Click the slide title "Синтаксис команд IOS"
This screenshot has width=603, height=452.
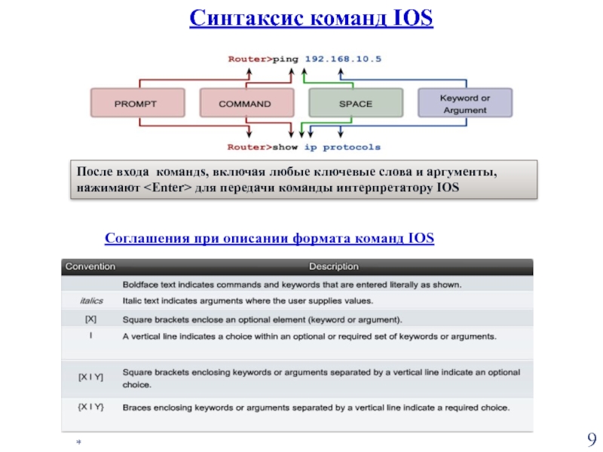(311, 17)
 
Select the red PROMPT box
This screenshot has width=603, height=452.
(137, 103)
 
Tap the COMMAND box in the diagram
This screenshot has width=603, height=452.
(246, 103)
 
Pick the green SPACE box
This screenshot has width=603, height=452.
(355, 103)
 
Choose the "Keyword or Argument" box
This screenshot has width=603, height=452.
(464, 103)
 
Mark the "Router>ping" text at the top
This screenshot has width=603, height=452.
(255, 56)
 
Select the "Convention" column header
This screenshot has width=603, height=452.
(90, 266)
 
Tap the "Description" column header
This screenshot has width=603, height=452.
(334, 266)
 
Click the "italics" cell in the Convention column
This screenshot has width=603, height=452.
(90, 301)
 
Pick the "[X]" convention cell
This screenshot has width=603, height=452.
(90, 319)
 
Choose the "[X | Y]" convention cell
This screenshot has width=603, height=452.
(90, 377)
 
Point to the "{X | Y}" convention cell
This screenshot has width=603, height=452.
(90, 408)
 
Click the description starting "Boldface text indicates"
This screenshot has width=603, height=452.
(292, 284)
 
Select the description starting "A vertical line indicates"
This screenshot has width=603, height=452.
(309, 336)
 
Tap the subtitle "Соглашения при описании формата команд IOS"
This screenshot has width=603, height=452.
(269, 240)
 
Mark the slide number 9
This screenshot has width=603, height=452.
(591, 440)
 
